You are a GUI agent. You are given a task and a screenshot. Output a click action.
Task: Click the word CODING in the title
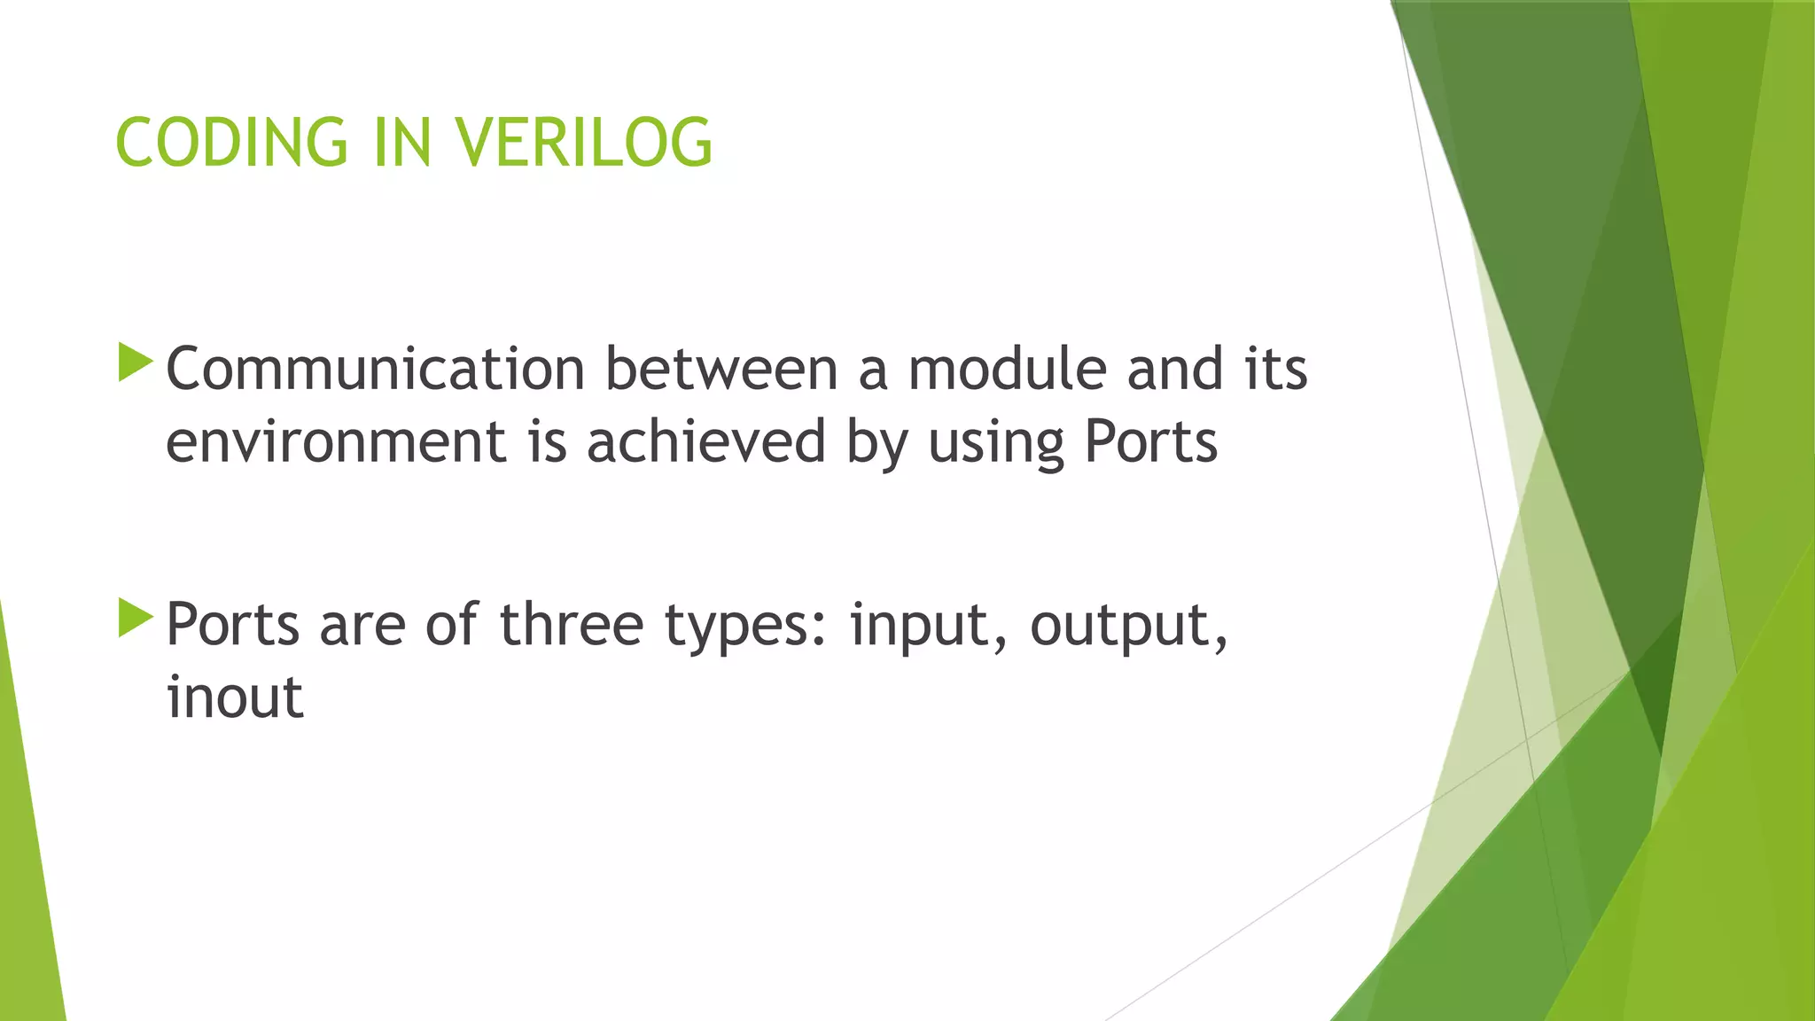(x=231, y=143)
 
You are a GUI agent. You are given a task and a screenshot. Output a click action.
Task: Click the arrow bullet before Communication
(x=136, y=363)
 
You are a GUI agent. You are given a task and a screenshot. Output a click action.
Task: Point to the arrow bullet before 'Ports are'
(x=136, y=618)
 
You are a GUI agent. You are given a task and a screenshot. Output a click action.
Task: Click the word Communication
(x=375, y=369)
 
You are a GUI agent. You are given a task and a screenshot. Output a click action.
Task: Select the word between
(x=721, y=369)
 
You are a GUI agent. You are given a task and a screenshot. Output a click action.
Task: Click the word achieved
(x=705, y=441)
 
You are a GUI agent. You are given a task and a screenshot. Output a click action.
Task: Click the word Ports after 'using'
(x=1150, y=441)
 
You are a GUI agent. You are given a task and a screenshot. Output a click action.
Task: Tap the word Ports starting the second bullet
(x=233, y=625)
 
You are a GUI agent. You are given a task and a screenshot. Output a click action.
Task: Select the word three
(x=572, y=625)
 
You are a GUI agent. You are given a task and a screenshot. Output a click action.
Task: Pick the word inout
(x=235, y=698)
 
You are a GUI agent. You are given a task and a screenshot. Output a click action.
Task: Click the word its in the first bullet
(x=1275, y=369)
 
